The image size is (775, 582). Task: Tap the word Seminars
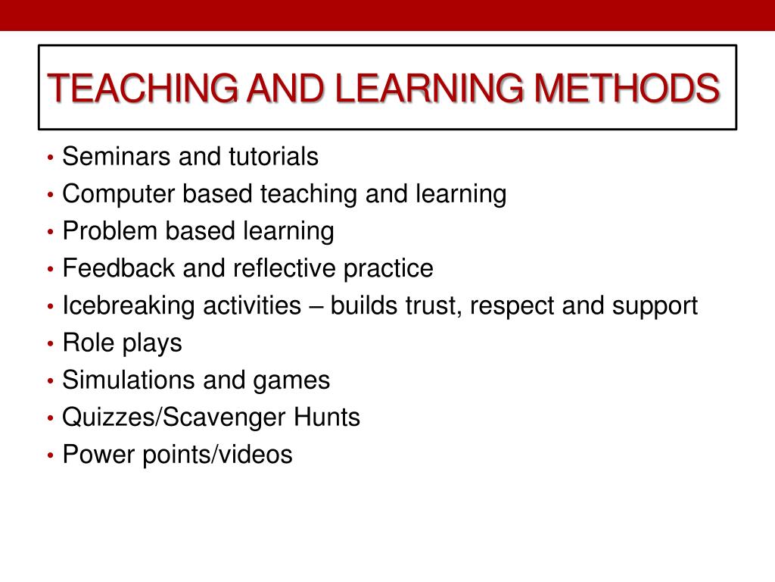[x=117, y=158]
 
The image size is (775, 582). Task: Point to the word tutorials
[x=272, y=158]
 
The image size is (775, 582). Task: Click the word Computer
[x=120, y=194]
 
